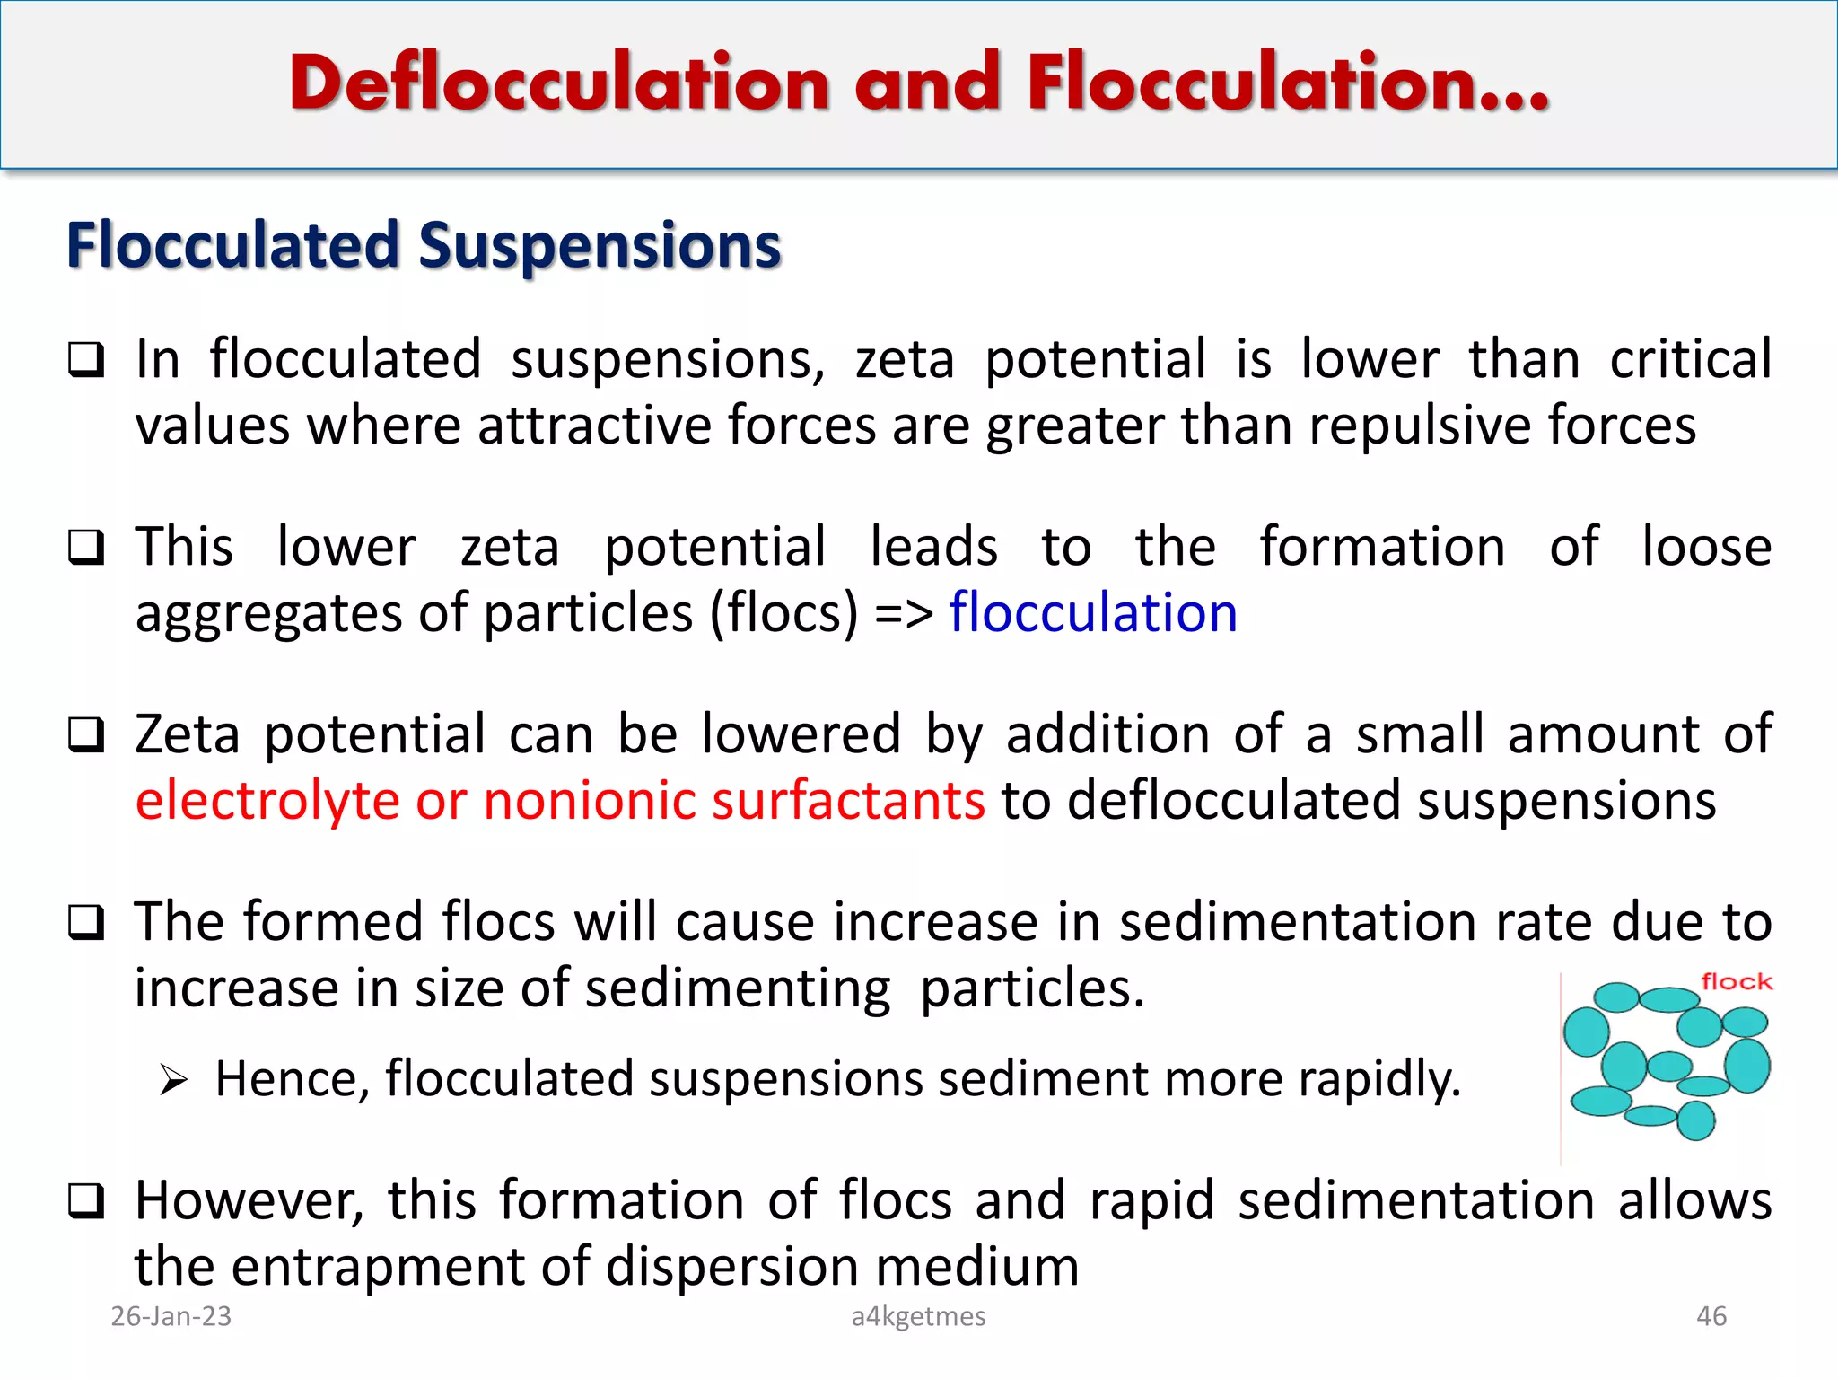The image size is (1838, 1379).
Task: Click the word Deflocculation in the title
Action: pyautogui.click(x=558, y=83)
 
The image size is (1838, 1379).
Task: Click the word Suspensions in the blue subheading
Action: pyautogui.click(x=600, y=245)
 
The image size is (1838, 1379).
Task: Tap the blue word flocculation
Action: pyautogui.click(x=1093, y=613)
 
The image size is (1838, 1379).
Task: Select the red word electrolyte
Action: pyautogui.click(x=267, y=801)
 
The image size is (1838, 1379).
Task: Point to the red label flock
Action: pyautogui.click(x=1737, y=982)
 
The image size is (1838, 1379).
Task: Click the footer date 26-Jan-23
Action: pyautogui.click(x=171, y=1316)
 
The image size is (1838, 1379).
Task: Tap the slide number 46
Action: pyautogui.click(x=1711, y=1316)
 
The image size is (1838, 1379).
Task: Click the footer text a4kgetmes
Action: pyautogui.click(x=918, y=1316)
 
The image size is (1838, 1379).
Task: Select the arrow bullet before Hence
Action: pyautogui.click(x=173, y=1079)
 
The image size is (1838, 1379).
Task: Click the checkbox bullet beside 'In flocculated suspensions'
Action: pyautogui.click(x=86, y=361)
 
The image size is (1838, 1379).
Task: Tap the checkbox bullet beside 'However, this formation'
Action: pyautogui.click(x=86, y=1201)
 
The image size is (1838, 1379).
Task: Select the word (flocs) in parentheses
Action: pyautogui.click(x=784, y=613)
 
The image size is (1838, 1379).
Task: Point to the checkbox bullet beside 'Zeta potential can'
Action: pyautogui.click(x=86, y=735)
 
